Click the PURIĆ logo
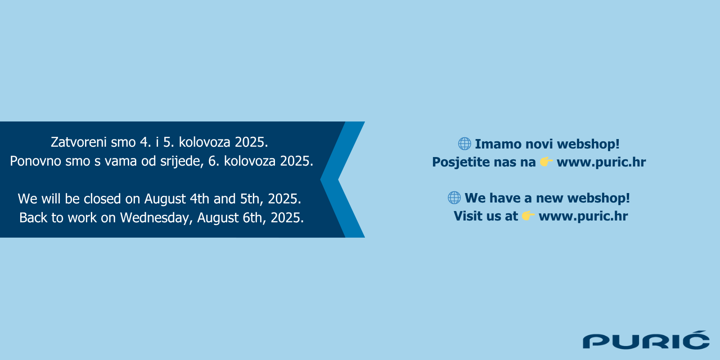coord(646,340)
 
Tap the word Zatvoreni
coord(79,142)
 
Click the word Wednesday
coord(156,218)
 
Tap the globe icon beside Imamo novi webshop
coord(464,144)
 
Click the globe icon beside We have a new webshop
coord(454,198)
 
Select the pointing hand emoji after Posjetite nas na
coord(546,162)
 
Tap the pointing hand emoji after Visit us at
coord(528,216)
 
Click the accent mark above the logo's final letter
coord(701,333)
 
